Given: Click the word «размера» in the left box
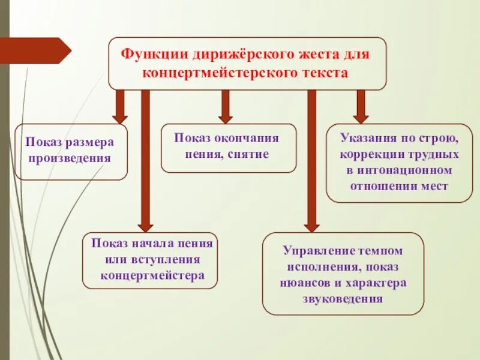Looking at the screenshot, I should pyautogui.click(x=89, y=143).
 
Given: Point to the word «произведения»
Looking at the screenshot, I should pyautogui.click(x=71, y=158).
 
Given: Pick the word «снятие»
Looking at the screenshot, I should pyautogui.click(x=247, y=154).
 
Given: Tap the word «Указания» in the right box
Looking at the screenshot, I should pyautogui.click(x=364, y=139).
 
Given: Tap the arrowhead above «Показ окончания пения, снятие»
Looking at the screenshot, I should pyautogui.click(x=226, y=116).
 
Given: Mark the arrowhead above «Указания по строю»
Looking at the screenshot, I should pyautogui.click(x=361, y=116).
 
